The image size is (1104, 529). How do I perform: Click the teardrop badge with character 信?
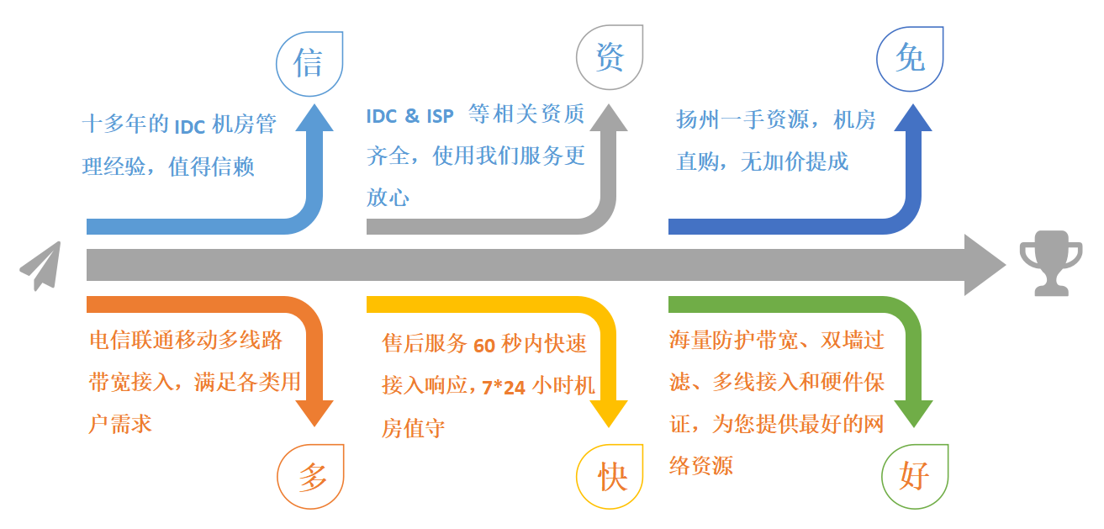(x=309, y=64)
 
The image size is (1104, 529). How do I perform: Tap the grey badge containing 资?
(x=610, y=57)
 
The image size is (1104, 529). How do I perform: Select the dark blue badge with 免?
(x=910, y=59)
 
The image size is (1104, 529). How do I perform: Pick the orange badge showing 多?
(x=310, y=476)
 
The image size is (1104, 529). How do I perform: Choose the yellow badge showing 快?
(x=610, y=476)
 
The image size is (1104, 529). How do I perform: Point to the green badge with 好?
(x=915, y=476)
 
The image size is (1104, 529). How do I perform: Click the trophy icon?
(x=1051, y=263)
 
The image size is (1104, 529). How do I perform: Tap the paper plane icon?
(x=41, y=266)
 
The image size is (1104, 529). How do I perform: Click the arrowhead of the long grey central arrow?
(x=985, y=265)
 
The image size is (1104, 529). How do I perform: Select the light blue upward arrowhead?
(x=314, y=118)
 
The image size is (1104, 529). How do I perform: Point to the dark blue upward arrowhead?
(x=913, y=118)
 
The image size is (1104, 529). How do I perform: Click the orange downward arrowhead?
(x=314, y=414)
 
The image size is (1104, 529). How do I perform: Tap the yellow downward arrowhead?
(x=609, y=414)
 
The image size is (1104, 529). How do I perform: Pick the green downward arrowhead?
(x=914, y=414)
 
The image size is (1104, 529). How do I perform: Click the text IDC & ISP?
(x=409, y=116)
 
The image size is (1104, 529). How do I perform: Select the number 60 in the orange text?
(x=484, y=346)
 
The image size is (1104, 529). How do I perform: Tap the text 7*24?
(x=503, y=388)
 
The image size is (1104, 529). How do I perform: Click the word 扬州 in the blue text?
(x=697, y=119)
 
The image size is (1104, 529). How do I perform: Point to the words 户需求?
(x=119, y=424)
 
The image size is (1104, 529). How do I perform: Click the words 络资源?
(x=701, y=465)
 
